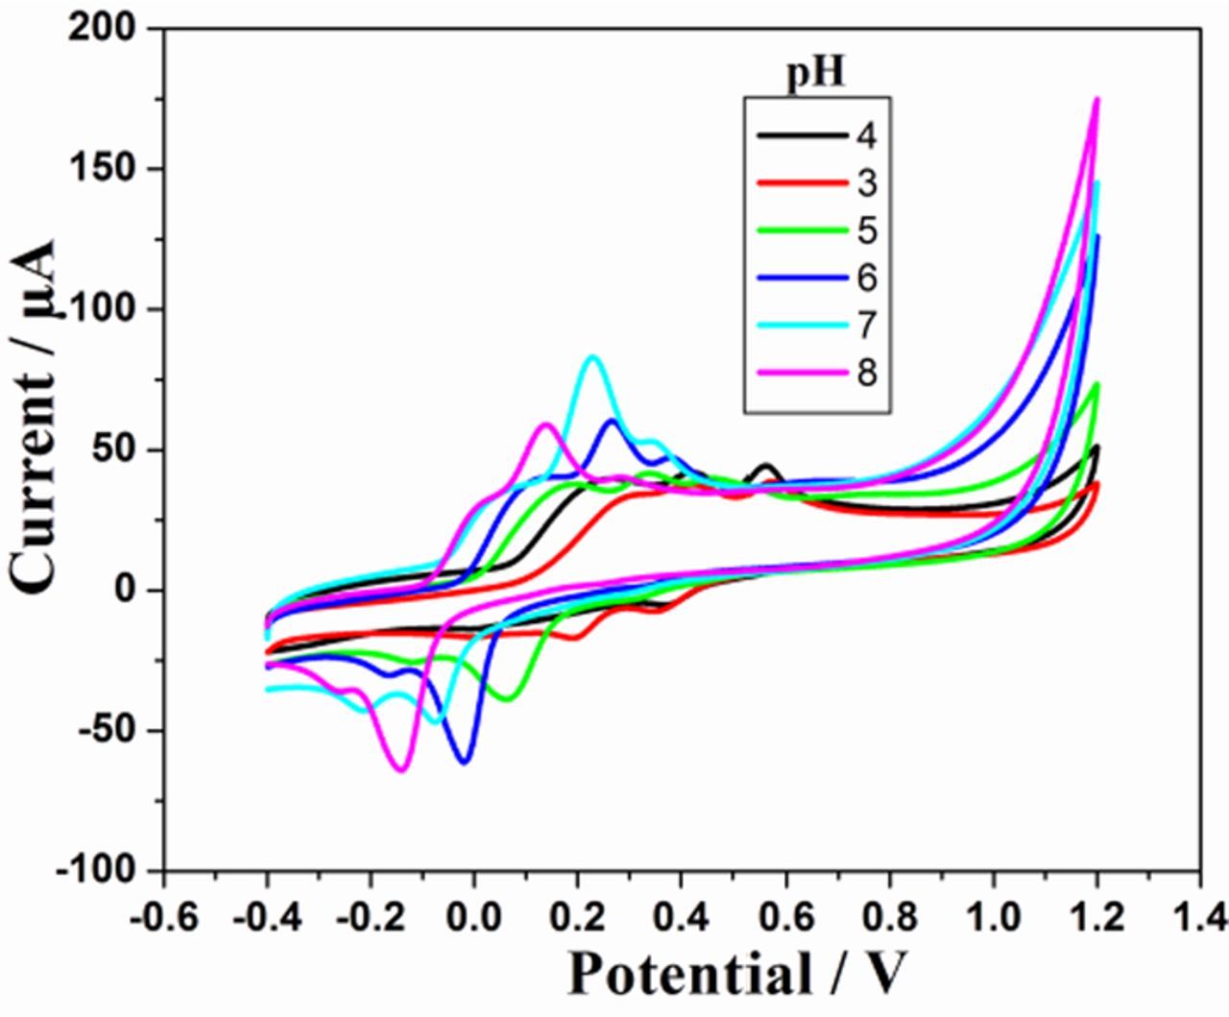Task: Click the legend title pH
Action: [x=816, y=73]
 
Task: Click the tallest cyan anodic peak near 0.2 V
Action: [x=592, y=357]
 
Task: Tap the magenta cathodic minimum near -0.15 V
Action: [x=401, y=769]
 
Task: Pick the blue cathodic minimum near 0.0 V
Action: [x=465, y=762]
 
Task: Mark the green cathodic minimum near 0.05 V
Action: [x=506, y=699]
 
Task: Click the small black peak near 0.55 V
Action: [x=766, y=466]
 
